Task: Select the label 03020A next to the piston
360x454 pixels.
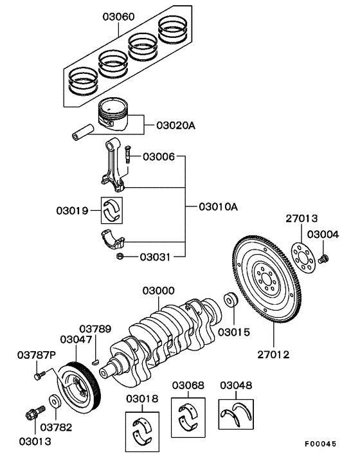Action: tap(175, 125)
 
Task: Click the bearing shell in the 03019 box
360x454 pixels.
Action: tap(114, 208)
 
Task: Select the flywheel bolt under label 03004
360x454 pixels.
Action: tap(323, 259)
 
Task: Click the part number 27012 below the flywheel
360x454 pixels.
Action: tap(274, 354)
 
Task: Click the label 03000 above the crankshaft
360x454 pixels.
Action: tap(158, 291)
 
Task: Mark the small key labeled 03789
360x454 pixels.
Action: tap(95, 362)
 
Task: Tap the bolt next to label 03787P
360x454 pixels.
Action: tap(40, 373)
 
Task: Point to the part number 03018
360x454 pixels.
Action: tap(142, 399)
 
